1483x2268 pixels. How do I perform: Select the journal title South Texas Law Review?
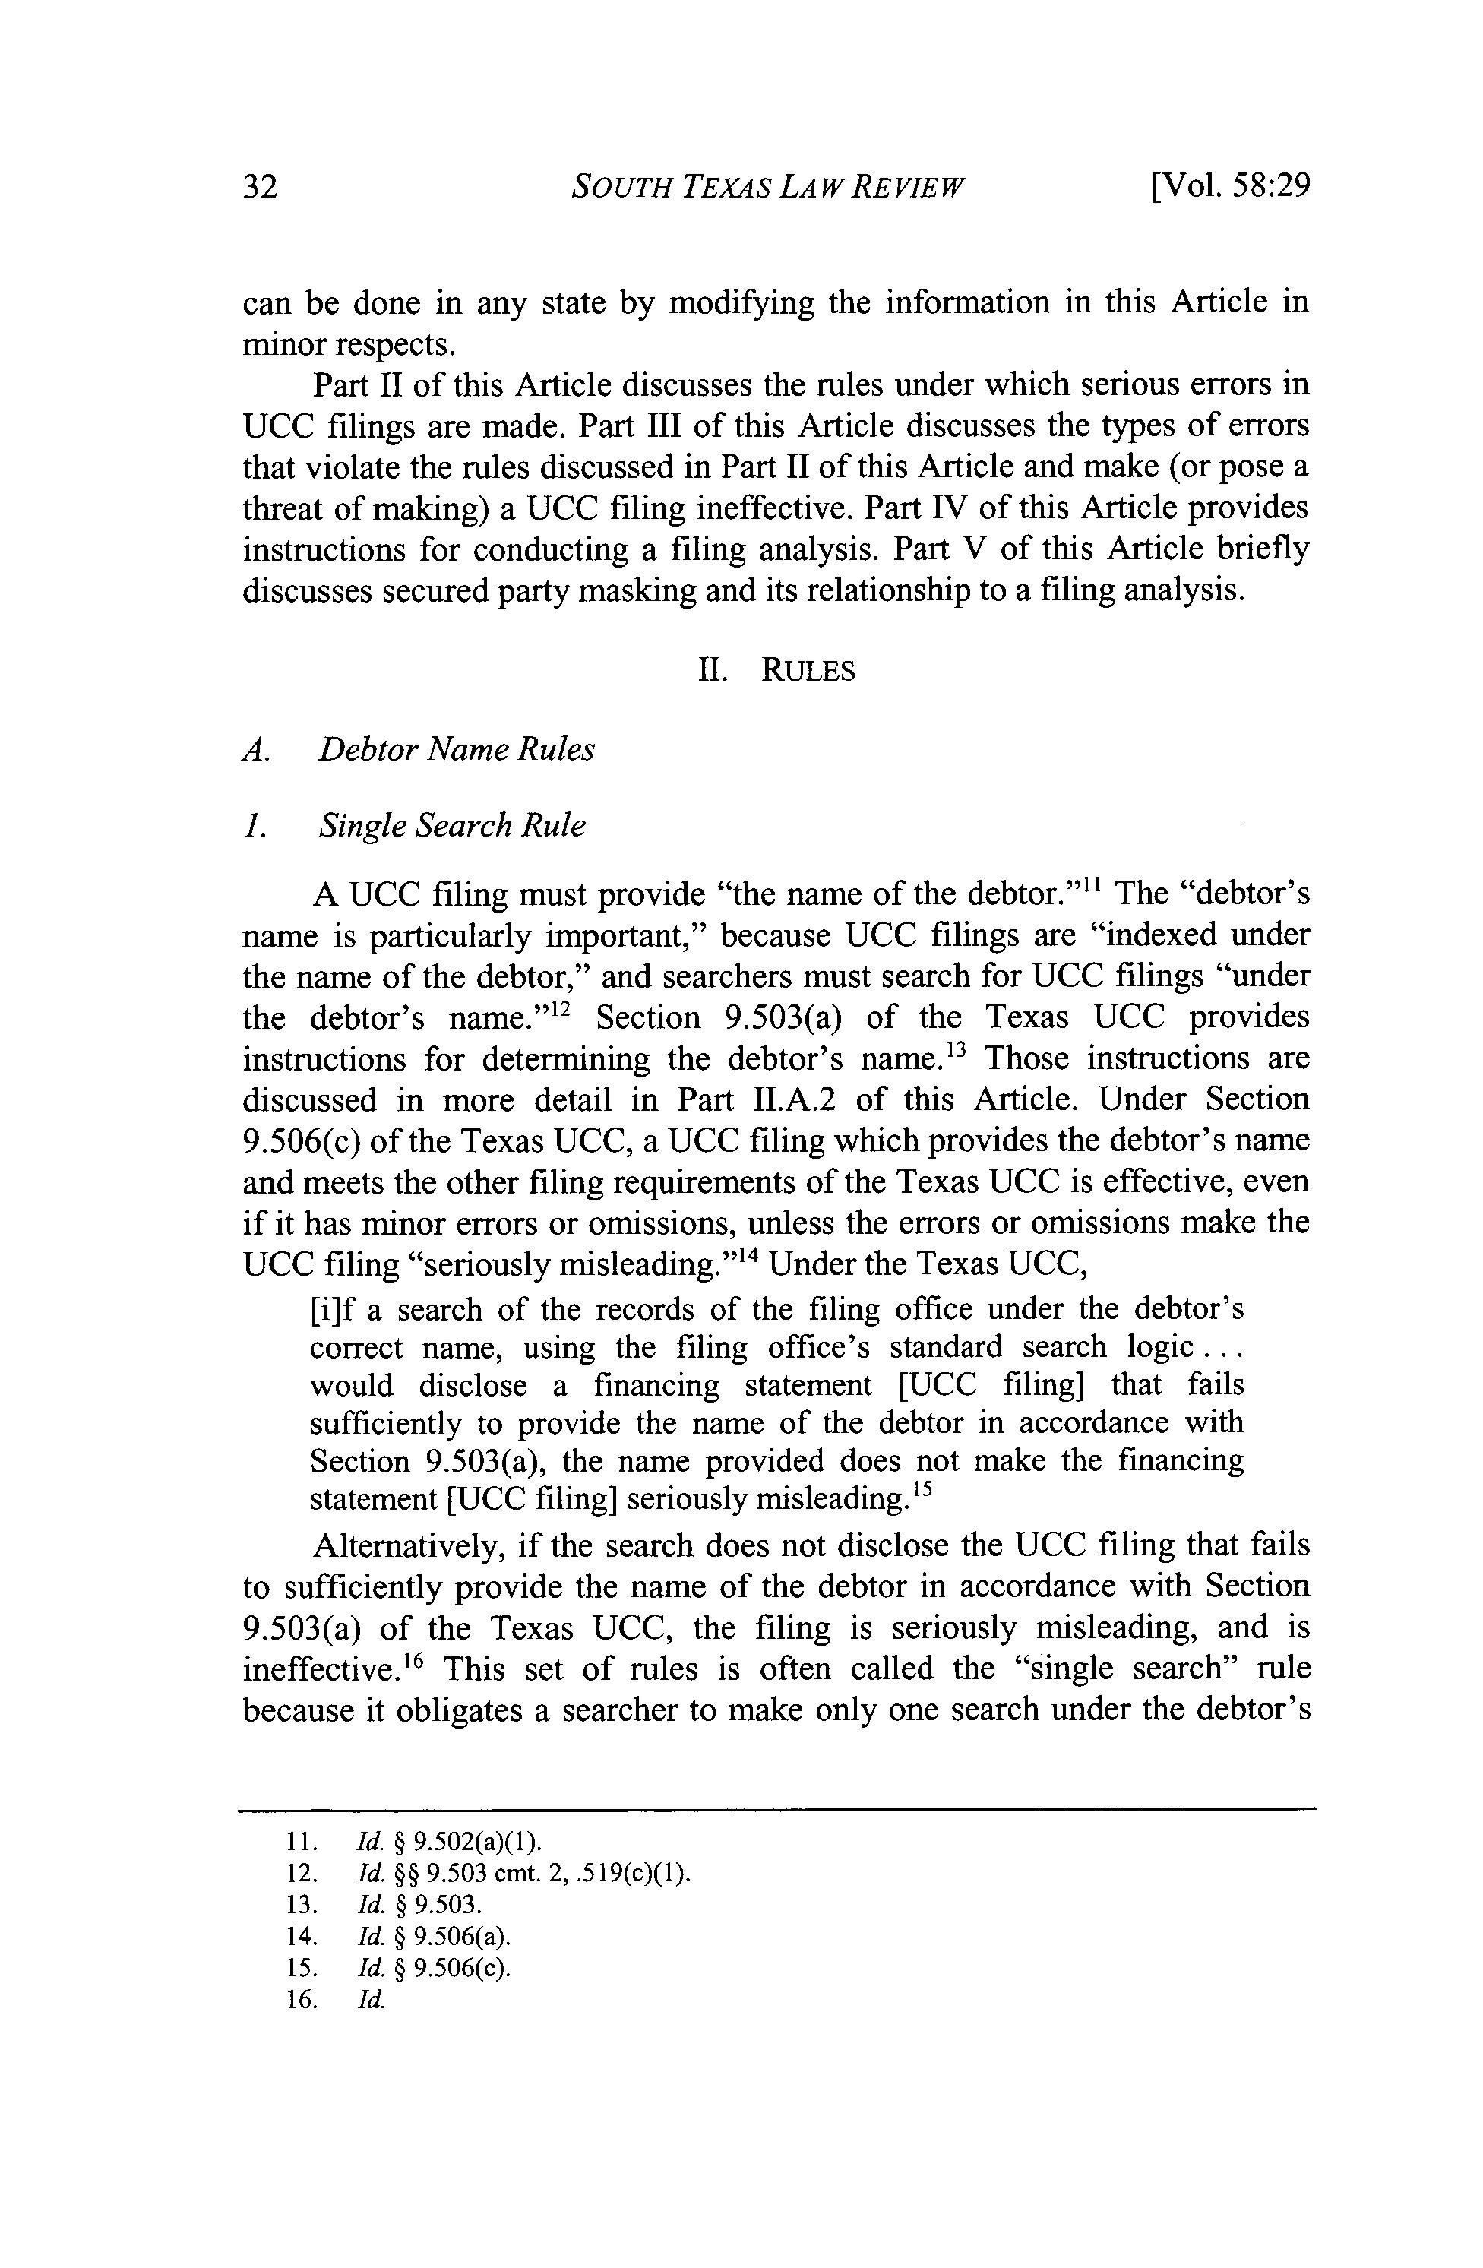coord(767,187)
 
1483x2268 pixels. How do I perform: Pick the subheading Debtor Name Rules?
coord(456,750)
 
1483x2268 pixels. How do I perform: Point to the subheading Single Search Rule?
coord(452,825)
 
